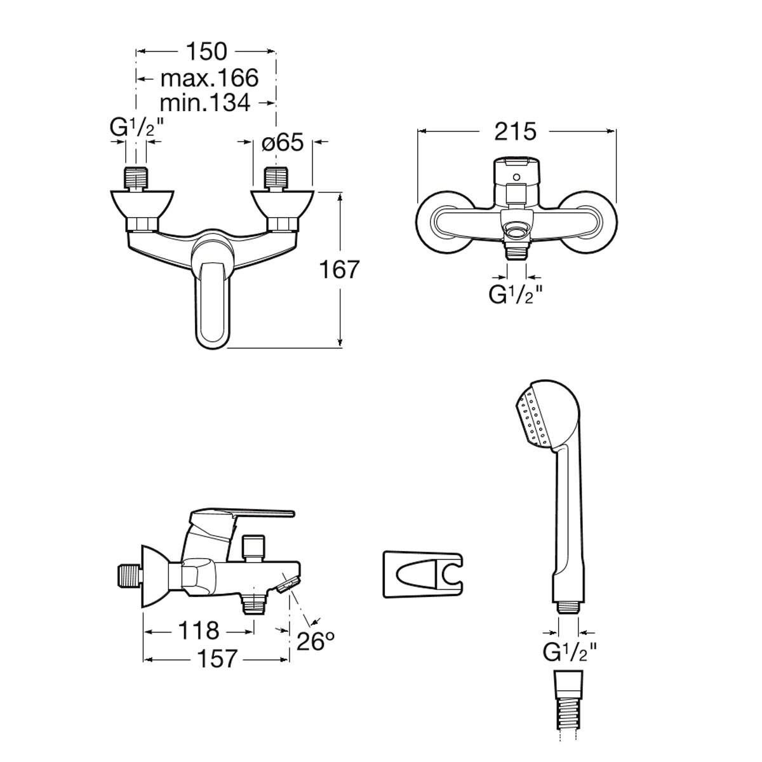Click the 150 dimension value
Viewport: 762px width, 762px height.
(206, 52)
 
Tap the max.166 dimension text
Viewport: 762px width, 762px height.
(209, 78)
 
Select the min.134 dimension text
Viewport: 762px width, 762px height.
(205, 103)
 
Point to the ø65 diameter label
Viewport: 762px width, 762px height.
(283, 142)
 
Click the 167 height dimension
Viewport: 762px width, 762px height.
(340, 269)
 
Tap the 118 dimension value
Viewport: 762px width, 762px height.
(199, 631)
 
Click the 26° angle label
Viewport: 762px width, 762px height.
(314, 641)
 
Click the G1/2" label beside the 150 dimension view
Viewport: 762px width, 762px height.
(136, 128)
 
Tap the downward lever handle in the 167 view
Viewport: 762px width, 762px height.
(213, 305)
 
